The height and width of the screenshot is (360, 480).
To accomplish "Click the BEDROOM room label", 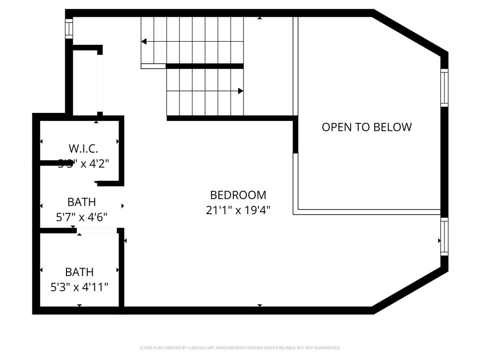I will pyautogui.click(x=238, y=195).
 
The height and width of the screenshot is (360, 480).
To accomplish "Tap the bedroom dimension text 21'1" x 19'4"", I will pyautogui.click(x=238, y=210).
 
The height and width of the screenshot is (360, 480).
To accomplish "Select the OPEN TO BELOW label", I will pyautogui.click(x=367, y=127).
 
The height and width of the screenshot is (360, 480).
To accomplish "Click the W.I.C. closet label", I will pyautogui.click(x=83, y=149).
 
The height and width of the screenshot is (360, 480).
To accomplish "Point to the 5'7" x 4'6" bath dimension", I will pyautogui.click(x=82, y=217).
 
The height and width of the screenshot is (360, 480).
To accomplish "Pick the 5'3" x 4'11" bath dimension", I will pyautogui.click(x=79, y=286).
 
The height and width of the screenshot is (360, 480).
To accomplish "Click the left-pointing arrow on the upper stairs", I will pyautogui.click(x=144, y=42).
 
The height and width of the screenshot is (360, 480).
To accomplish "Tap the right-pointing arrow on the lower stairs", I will pyautogui.click(x=240, y=91).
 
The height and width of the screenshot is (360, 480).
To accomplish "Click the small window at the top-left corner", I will pyautogui.click(x=69, y=29).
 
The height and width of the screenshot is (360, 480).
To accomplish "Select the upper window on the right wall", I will pyautogui.click(x=444, y=88).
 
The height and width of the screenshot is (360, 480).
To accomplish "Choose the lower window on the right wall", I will pyautogui.click(x=444, y=237).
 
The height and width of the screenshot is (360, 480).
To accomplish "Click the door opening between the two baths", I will pyautogui.click(x=97, y=231).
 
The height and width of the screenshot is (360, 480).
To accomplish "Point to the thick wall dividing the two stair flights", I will pyautogui.click(x=205, y=66).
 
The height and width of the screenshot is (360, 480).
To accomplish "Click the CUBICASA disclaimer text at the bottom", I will pyautogui.click(x=240, y=348).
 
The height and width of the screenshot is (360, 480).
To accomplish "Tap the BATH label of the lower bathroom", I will pyautogui.click(x=79, y=272).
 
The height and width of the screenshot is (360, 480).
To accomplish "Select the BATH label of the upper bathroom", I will pyautogui.click(x=82, y=202).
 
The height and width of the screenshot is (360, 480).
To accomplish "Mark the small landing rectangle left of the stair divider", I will pyautogui.click(x=153, y=66).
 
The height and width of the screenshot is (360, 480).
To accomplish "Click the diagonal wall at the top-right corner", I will pyautogui.click(x=409, y=32).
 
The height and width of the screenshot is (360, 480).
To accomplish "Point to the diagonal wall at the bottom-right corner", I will pyautogui.click(x=409, y=289).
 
